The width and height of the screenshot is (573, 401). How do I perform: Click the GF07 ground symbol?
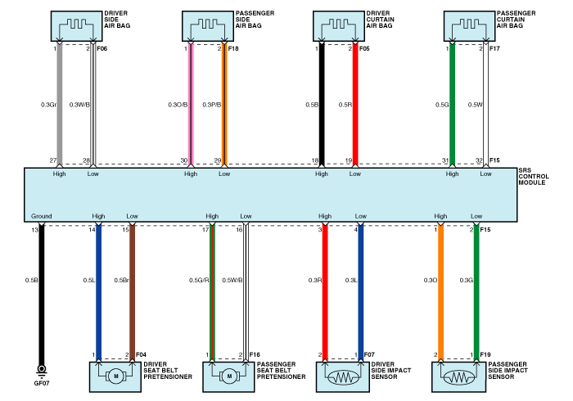point(42,371)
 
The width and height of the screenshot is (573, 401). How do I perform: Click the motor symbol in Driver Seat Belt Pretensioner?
point(116,376)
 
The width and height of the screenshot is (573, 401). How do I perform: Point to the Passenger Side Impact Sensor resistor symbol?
point(459,377)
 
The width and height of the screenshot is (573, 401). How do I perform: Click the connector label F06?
point(102,48)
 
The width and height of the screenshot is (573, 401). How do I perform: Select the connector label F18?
point(233,48)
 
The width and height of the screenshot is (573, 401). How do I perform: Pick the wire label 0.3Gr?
point(48,105)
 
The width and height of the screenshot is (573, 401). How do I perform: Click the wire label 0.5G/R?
point(199,280)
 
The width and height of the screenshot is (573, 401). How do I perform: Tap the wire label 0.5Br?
point(121,280)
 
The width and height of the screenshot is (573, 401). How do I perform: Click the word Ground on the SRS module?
point(41,216)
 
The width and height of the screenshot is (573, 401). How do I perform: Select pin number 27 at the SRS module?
point(53,160)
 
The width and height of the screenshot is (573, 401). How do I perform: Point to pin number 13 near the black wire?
point(34,230)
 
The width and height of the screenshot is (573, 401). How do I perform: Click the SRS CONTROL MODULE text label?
point(533,177)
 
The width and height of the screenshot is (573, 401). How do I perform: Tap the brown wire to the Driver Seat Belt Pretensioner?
point(133,292)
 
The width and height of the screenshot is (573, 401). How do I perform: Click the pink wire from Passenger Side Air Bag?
point(191,104)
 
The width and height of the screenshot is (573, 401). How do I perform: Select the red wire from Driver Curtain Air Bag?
point(355,104)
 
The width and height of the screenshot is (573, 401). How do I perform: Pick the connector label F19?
point(485,354)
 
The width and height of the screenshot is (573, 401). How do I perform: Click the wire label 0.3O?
point(430,280)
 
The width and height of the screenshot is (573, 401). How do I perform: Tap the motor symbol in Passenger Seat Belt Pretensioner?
point(229,376)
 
